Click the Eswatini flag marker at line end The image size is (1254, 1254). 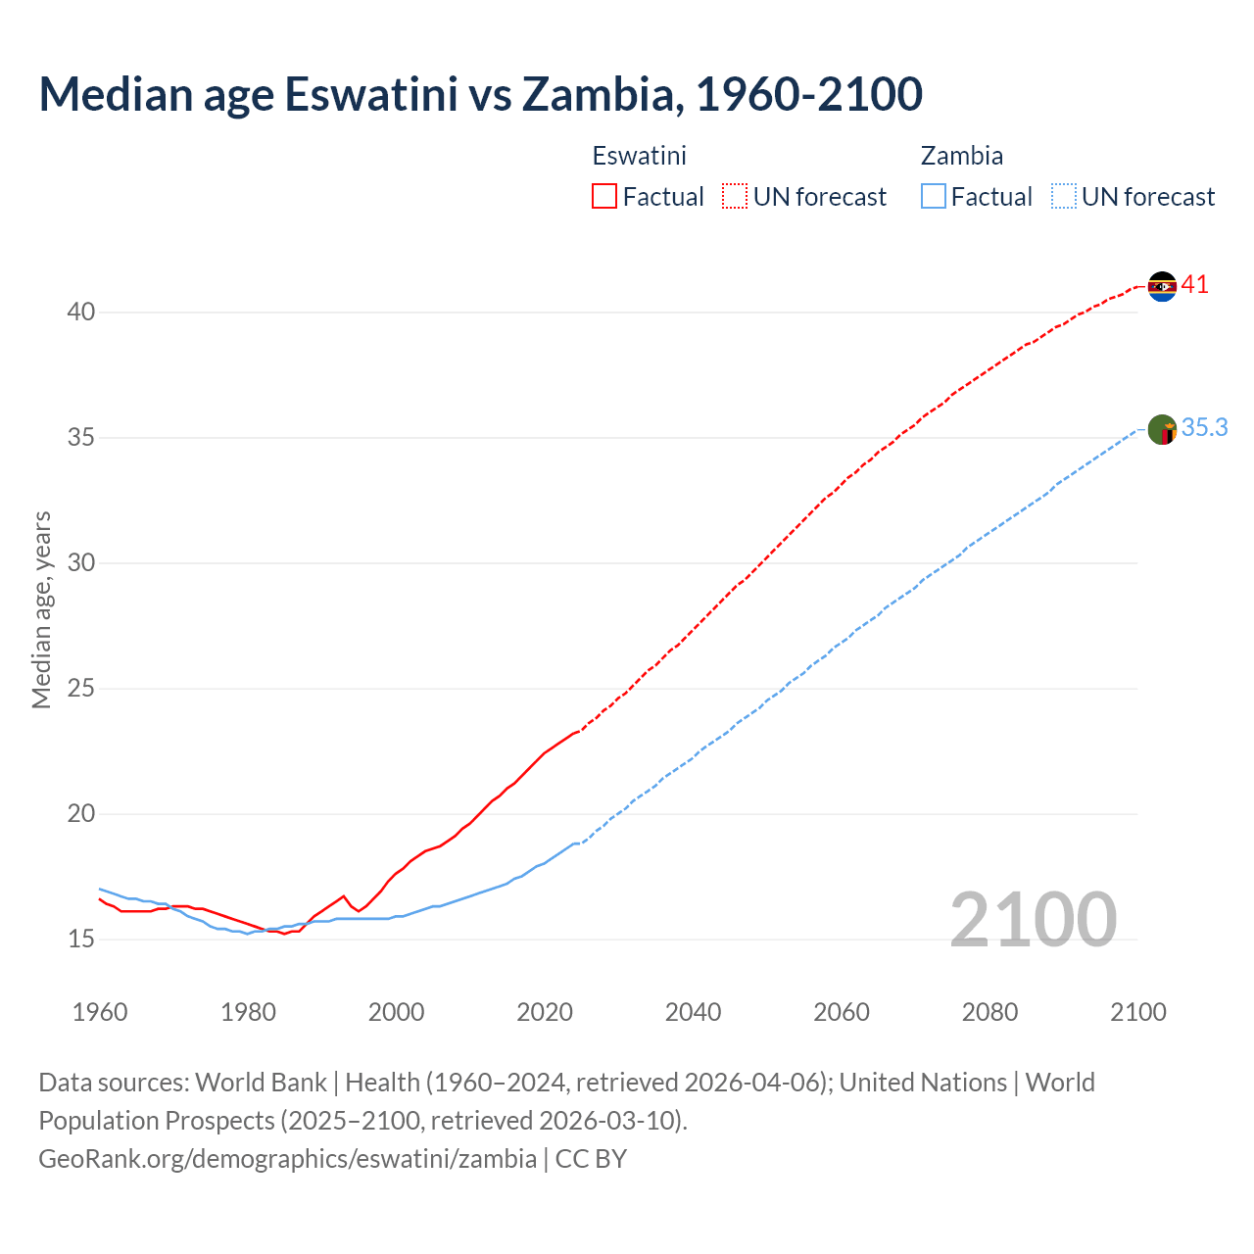coord(1162,286)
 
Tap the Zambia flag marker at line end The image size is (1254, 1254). coord(1162,429)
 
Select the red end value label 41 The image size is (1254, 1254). coord(1195,285)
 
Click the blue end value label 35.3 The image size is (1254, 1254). coord(1204,428)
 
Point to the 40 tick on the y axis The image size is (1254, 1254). coord(81,313)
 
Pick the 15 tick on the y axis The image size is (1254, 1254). coord(81,940)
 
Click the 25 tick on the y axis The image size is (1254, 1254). coord(81,689)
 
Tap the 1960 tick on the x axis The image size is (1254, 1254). coord(100,1012)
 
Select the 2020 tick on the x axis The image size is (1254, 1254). coord(545,1012)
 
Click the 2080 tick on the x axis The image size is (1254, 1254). coord(989,1012)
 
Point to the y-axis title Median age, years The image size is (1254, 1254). coord(41,609)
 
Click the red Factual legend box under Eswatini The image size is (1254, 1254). coord(604,197)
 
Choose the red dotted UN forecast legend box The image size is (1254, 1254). coord(735,197)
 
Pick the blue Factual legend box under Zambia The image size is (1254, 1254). coord(934,197)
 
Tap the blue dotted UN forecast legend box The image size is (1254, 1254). coord(1064,197)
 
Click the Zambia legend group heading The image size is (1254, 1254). coord(961,156)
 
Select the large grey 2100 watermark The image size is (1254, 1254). coord(1033,919)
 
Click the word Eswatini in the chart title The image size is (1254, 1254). coord(370,94)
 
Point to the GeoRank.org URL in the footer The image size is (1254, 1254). coord(287,1159)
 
